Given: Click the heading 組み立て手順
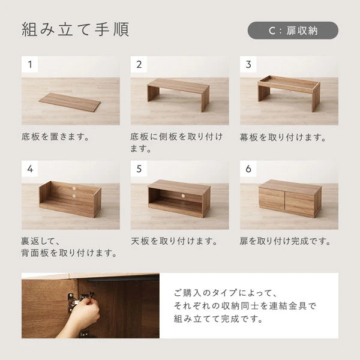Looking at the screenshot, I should pos(75,30).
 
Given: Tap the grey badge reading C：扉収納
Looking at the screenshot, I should pos(293,31).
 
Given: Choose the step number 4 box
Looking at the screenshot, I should pos(30,169).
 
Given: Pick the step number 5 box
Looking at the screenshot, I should pos(139,169).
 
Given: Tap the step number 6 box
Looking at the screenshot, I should pos(248,169).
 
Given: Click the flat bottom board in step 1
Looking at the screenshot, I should pos(70,102).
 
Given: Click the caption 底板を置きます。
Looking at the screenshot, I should pos(55,137).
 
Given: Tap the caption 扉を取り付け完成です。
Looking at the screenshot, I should pos(285,241).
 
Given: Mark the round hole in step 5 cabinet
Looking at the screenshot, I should pos(179,195).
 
